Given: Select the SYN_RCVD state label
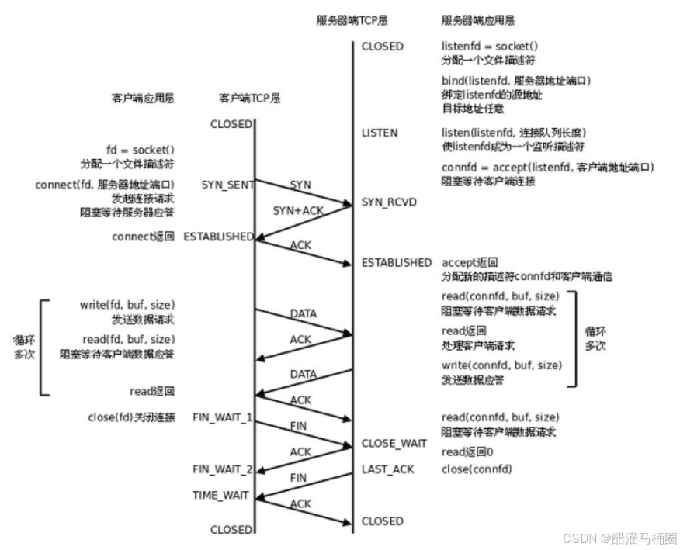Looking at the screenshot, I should (389, 202).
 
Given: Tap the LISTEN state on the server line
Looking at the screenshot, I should (380, 133).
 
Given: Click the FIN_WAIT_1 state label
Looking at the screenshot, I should (223, 417).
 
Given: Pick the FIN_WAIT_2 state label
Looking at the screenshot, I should (223, 469).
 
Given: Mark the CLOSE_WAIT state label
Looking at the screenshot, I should (394, 443).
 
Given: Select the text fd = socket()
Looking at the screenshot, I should (141, 150).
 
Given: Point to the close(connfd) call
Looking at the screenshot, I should (477, 469).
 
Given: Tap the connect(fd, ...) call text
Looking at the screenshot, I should (105, 185).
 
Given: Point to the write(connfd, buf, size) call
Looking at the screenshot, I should (501, 365).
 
